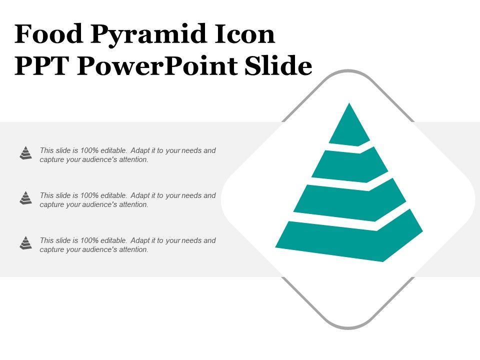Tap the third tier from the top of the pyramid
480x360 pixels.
[350, 200]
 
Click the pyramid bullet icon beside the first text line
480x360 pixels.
[26, 153]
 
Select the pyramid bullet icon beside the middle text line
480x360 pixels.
[26, 198]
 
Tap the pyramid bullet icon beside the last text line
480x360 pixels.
[26, 243]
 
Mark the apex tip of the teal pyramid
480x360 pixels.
[349, 104]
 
